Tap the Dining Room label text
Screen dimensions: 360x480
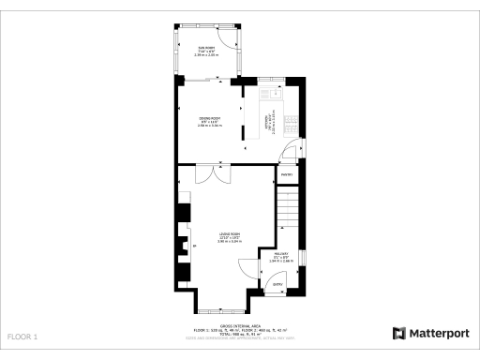click(x=209, y=120)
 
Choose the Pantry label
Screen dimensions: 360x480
click(x=286, y=173)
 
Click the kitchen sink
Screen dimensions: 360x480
click(x=277, y=93)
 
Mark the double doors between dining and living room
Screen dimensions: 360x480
click(x=211, y=174)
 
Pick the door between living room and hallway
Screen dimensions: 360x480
click(x=249, y=272)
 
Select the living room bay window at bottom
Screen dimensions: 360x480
click(x=222, y=310)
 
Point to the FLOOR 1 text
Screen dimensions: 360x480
click(x=22, y=336)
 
